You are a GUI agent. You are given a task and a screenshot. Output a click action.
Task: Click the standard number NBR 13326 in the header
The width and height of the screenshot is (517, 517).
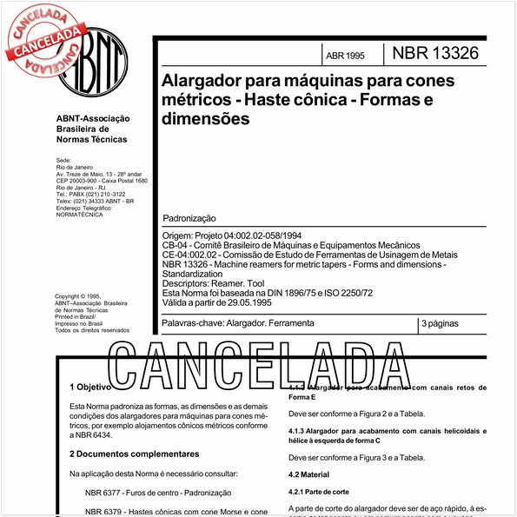436,54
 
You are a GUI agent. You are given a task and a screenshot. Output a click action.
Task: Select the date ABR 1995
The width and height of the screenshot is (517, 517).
345,56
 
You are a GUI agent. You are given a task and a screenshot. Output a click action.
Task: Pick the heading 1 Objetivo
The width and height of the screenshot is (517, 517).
90,387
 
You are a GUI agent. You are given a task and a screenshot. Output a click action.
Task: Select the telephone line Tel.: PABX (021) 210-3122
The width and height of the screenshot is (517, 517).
90,194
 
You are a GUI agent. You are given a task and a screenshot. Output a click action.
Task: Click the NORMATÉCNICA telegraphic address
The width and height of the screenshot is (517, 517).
79,215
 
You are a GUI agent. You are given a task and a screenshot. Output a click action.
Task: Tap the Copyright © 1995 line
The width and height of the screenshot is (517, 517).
77,295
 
